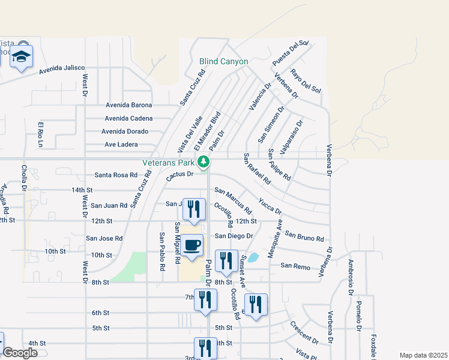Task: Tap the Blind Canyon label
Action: [224, 61]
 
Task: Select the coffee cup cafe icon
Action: [192, 246]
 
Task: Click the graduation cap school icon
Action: [22, 57]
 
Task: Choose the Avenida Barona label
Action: [129, 104]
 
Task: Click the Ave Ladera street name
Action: [121, 145]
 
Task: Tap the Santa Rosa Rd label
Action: [116, 175]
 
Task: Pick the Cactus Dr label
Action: [180, 174]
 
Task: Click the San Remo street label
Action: [295, 265]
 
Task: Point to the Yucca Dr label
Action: [270, 206]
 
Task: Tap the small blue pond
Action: [253, 257]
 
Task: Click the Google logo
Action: [20, 352]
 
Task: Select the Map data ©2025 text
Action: [423, 355]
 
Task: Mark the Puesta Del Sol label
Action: [290, 53]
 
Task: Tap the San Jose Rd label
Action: [104, 238]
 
